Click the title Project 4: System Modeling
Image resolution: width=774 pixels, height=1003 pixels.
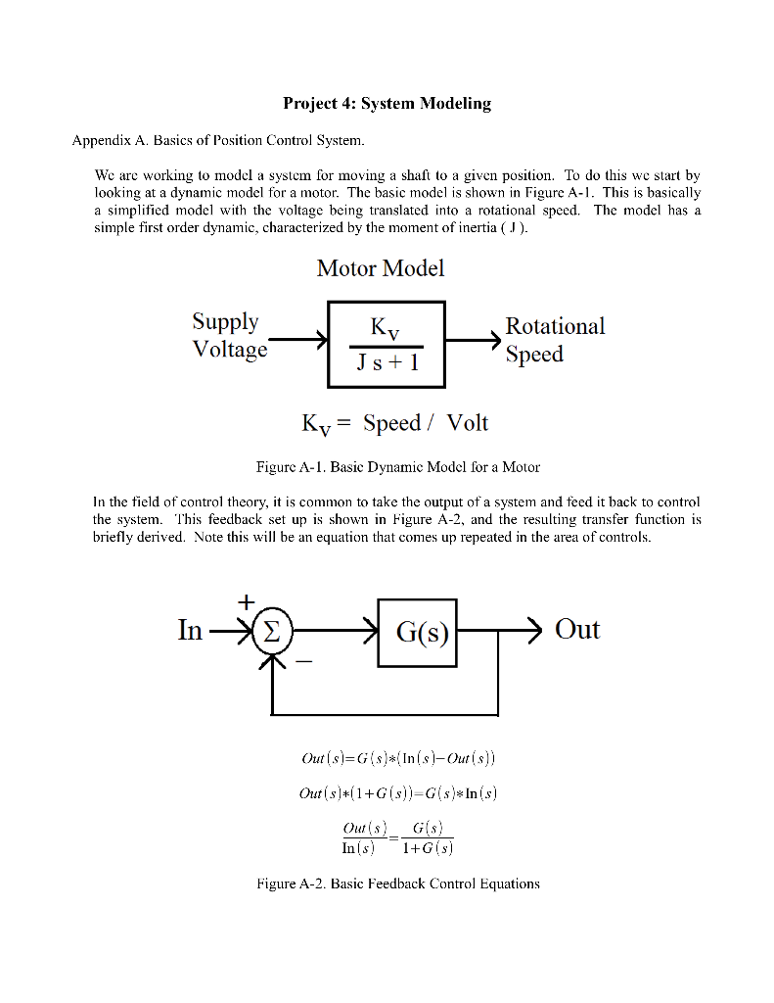coord(387,103)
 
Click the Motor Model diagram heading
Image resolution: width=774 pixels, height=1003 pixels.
coord(380,267)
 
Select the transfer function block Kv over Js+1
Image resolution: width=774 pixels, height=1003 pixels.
coord(386,345)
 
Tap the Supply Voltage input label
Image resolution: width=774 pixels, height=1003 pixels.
coord(229,335)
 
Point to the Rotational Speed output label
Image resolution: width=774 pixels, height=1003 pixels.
coord(555,339)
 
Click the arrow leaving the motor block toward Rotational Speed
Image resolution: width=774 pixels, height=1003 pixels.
coord(474,341)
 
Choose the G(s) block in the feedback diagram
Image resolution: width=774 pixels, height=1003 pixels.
coord(417,633)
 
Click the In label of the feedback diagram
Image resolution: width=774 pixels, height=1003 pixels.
coord(190,630)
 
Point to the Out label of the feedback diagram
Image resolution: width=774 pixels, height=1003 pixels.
coord(577,629)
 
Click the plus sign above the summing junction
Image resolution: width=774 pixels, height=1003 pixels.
coord(246,598)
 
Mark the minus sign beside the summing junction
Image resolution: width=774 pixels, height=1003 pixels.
coord(304,663)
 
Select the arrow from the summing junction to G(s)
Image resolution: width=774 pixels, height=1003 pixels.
coord(333,632)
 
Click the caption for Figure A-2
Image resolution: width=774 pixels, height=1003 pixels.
coord(397,884)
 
